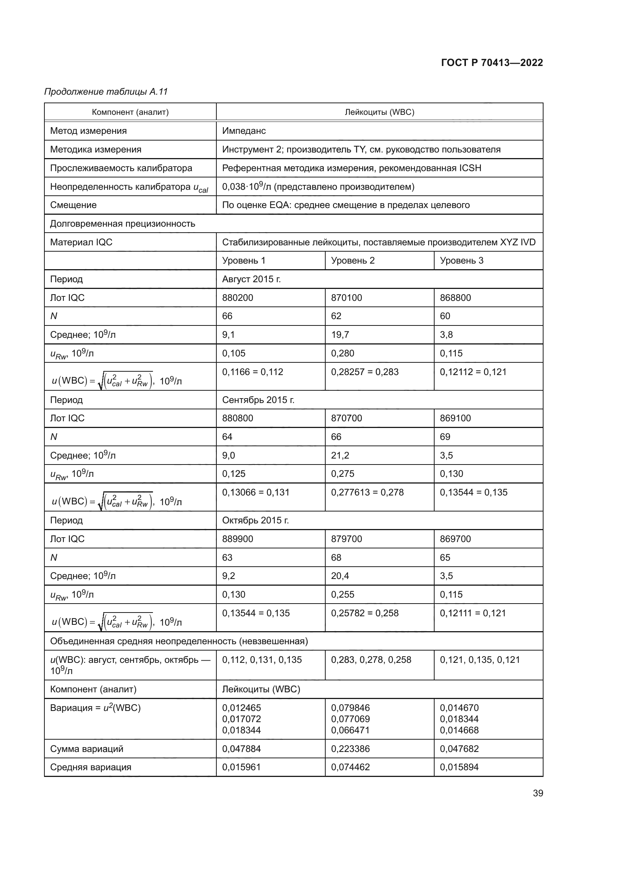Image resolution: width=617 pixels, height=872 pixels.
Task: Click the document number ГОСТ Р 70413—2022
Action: click(x=492, y=63)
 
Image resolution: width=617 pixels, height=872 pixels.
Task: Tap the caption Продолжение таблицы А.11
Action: click(x=106, y=92)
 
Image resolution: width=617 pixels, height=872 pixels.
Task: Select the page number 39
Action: click(x=538, y=793)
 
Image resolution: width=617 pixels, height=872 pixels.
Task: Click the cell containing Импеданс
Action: click(x=244, y=131)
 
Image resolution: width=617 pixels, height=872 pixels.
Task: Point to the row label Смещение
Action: click(x=73, y=205)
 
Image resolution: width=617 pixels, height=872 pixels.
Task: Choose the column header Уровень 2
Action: click(x=353, y=261)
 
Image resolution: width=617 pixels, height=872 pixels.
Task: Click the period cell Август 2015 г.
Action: click(x=251, y=279)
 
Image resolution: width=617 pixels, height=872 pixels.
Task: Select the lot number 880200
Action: click(x=238, y=298)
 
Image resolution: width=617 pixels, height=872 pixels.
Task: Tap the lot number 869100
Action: click(x=455, y=418)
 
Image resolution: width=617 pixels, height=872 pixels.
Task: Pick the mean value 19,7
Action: click(x=340, y=334)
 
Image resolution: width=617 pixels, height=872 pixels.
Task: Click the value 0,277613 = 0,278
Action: click(x=367, y=492)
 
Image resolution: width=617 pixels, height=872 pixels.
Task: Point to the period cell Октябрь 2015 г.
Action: click(x=255, y=520)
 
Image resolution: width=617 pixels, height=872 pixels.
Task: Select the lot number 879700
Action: click(x=347, y=539)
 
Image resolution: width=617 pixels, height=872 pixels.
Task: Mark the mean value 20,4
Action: click(x=340, y=576)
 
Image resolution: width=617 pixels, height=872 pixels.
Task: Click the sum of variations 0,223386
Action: click(x=350, y=749)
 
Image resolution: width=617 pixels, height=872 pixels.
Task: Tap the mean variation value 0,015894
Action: click(x=459, y=767)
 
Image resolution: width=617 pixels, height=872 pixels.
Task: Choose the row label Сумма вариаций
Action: click(x=87, y=749)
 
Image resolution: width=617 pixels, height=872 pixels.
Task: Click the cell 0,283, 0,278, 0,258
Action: click(x=371, y=660)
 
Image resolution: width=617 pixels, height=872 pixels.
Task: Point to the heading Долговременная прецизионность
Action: click(x=122, y=224)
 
